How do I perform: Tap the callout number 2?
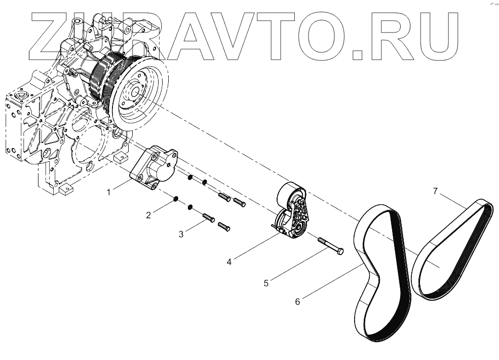pos(148,215)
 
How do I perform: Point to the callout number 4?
pos(229,262)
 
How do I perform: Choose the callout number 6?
pos(298,302)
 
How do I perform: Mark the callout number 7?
pos(435,191)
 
